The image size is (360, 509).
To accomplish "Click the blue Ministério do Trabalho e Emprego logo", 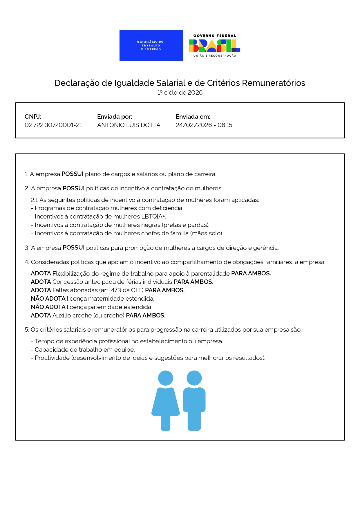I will (x=151, y=46).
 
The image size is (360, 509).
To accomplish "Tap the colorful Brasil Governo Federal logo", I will (x=215, y=46).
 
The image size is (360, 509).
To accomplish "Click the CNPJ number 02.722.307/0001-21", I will (x=53, y=125).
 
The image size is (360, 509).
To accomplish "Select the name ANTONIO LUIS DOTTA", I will (x=129, y=125).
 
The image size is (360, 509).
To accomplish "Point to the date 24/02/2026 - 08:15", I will (x=204, y=125).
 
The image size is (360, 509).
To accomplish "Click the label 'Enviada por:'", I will (x=115, y=117).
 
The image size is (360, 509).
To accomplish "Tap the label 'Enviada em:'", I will (x=193, y=117).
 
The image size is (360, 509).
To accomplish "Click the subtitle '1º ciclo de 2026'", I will (x=180, y=93).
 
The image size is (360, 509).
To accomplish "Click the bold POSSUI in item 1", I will (x=73, y=174).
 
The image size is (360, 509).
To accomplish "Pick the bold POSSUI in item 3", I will (x=74, y=248).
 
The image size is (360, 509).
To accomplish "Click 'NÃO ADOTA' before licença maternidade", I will (x=48, y=299).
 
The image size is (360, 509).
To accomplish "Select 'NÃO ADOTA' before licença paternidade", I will (x=48, y=307).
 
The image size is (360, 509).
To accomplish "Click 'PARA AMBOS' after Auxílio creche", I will (x=146, y=315).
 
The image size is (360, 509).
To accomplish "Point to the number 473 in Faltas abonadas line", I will (x=116, y=290).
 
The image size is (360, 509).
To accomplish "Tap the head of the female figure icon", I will (x=166, y=378).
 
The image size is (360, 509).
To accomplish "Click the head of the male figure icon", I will (x=194, y=378).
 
